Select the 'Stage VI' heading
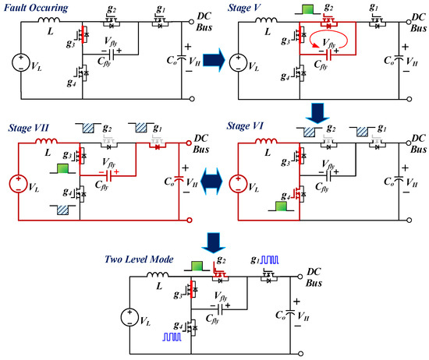pos(248,125)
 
